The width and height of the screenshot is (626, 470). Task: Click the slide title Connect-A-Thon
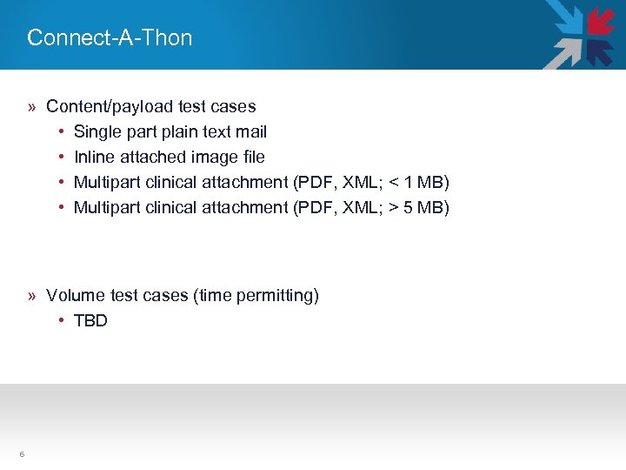(x=110, y=37)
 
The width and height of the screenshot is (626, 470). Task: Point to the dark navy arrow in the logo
(x=600, y=51)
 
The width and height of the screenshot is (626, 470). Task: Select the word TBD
(x=90, y=320)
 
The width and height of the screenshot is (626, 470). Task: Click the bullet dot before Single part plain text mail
(x=62, y=131)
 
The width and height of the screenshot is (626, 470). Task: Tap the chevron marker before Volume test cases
(x=31, y=296)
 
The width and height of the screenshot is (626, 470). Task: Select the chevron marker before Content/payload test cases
(x=31, y=107)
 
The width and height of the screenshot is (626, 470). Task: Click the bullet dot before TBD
(x=62, y=320)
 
